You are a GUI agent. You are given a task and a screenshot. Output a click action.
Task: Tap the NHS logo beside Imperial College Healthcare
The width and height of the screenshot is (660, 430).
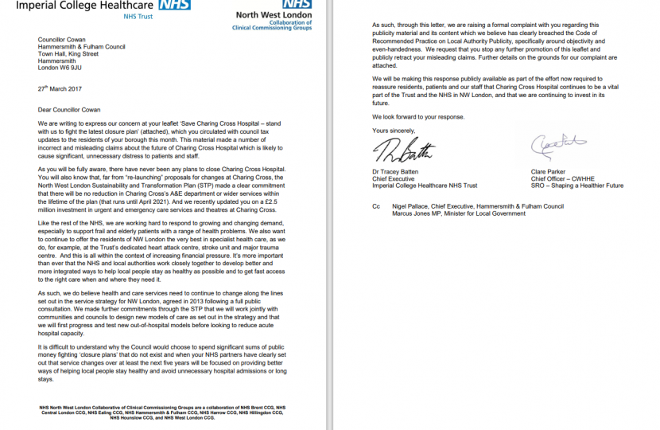[x=174, y=5]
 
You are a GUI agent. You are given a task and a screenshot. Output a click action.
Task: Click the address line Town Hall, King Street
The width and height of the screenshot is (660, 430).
[x=68, y=55]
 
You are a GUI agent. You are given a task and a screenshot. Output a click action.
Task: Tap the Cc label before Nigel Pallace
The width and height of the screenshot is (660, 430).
[x=375, y=206]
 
